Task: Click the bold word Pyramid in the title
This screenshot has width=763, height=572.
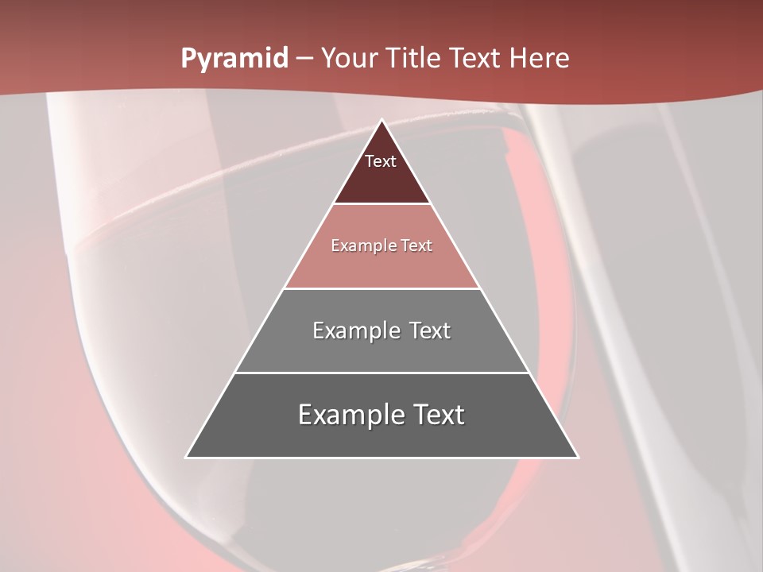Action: click(234, 59)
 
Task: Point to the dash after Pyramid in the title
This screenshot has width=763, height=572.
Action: click(304, 59)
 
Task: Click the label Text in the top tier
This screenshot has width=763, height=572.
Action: click(381, 161)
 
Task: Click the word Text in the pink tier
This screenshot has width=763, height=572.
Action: click(416, 246)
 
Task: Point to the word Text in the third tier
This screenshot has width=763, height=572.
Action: click(430, 330)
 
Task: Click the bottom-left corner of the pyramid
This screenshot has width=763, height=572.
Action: click(187, 457)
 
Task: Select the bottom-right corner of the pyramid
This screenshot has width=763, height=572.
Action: click(578, 457)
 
